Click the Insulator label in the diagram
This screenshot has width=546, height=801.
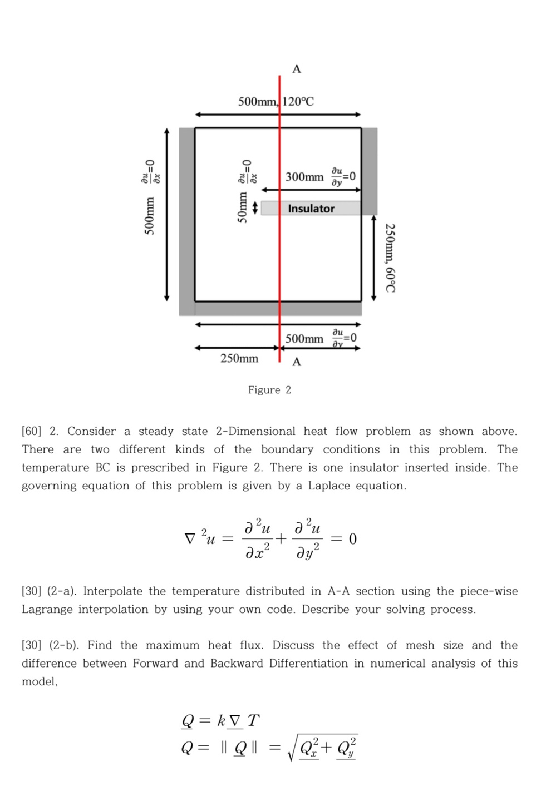311,209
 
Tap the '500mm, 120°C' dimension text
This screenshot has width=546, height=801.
276,101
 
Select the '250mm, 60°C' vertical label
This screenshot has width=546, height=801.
391,258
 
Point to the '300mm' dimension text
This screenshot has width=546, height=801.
304,177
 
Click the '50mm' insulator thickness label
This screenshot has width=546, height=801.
243,207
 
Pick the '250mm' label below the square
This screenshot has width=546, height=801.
239,358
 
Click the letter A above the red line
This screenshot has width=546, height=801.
297,69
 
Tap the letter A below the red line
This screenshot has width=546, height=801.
297,362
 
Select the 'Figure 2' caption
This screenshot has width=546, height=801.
269,390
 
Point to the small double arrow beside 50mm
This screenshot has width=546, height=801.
255,207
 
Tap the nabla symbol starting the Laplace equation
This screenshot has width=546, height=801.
190,538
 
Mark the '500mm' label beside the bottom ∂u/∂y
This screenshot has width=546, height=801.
304,339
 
